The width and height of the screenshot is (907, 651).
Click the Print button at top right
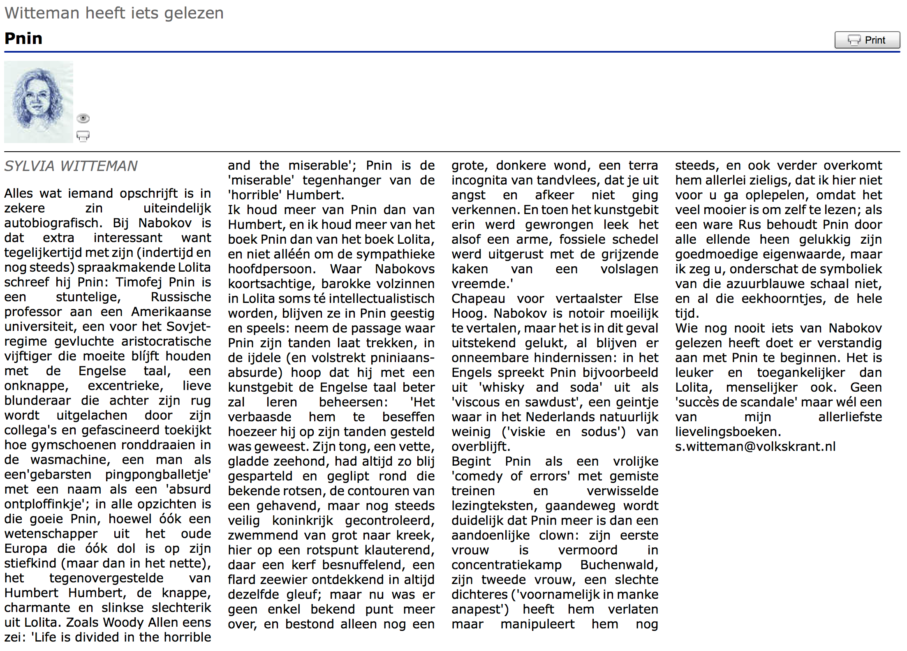pyautogui.click(x=867, y=40)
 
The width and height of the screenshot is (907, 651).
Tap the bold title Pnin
pyautogui.click(x=23, y=39)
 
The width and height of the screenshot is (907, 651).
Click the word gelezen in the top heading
pyautogui.click(x=194, y=13)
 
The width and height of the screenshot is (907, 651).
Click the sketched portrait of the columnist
pyautogui.click(x=38, y=102)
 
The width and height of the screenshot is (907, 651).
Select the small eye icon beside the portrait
pyautogui.click(x=83, y=118)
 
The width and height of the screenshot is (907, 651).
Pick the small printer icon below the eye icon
pyautogui.click(x=83, y=136)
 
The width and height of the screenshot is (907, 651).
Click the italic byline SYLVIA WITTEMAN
pyautogui.click(x=71, y=166)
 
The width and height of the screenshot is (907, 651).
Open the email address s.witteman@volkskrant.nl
pyautogui.click(x=755, y=447)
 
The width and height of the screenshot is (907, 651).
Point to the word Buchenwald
pyautogui.click(x=619, y=565)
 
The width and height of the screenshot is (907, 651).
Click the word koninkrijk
pyautogui.click(x=302, y=521)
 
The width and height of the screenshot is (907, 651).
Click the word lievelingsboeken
pyautogui.click(x=727, y=432)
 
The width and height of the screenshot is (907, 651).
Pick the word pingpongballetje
pyautogui.click(x=158, y=475)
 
